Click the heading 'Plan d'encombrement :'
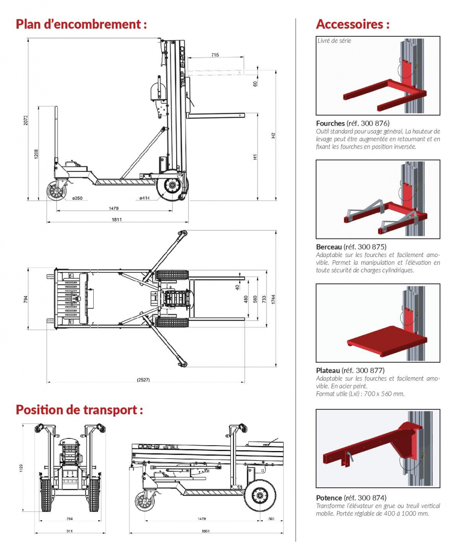point(81,24)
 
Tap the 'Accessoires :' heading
point(353,24)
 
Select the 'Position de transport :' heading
point(79,409)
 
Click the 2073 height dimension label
point(25,120)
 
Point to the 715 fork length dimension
point(215,55)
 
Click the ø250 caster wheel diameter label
point(77,198)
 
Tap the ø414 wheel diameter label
point(144,198)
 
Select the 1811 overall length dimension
point(116,219)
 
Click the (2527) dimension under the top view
point(144,380)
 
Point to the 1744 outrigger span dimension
point(273,299)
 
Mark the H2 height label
point(273,136)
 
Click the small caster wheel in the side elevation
point(56,191)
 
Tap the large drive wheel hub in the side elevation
point(172,185)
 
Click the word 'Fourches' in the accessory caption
point(330,123)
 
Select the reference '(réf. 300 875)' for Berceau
point(365,247)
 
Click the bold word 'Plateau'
point(328,370)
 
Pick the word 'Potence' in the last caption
point(329,498)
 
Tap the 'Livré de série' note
point(334,41)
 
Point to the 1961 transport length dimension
point(206,531)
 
